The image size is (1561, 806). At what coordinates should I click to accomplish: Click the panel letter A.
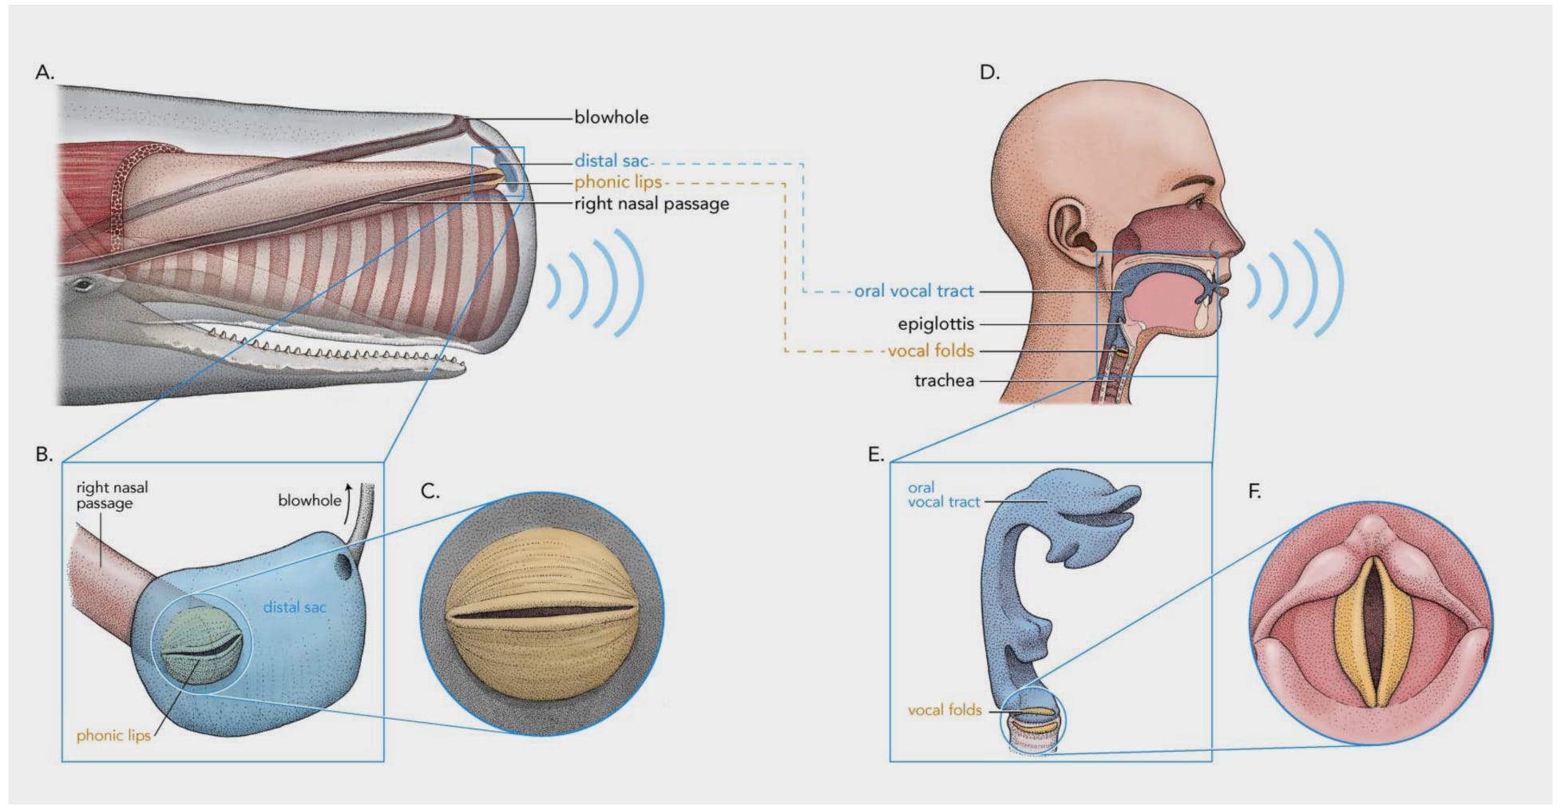click(x=44, y=73)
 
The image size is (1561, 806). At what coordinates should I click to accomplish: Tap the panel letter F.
click(x=1254, y=491)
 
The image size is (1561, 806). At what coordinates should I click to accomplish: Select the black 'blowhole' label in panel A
click(x=611, y=117)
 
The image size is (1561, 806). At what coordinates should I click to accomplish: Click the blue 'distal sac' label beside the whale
click(x=611, y=161)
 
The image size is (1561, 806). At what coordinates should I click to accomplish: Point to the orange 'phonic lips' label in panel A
click(x=617, y=182)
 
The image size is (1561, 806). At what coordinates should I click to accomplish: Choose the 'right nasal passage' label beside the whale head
click(x=651, y=204)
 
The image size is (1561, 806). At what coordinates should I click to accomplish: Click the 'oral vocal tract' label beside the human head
click(x=913, y=292)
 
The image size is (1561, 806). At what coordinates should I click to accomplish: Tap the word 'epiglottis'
click(x=936, y=324)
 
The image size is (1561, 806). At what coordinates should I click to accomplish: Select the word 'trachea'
click(x=944, y=381)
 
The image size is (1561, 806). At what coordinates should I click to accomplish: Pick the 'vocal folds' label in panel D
click(x=931, y=351)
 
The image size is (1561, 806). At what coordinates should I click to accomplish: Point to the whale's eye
click(x=83, y=284)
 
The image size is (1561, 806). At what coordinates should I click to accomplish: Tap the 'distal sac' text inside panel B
click(x=295, y=607)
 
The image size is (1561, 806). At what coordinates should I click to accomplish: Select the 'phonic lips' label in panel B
click(x=113, y=736)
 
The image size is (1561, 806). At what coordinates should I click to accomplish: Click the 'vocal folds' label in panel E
click(x=944, y=709)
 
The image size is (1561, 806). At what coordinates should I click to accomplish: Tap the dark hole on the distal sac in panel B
click(x=343, y=567)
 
